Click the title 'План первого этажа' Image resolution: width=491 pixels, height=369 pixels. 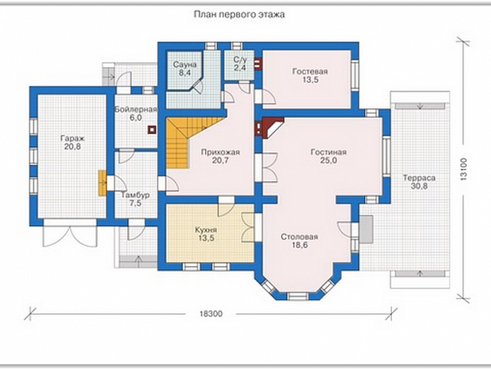(239, 15)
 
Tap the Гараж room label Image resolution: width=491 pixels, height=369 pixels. (73, 138)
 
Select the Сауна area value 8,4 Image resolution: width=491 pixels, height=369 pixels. (185, 73)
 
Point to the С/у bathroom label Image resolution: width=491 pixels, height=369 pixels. (240, 60)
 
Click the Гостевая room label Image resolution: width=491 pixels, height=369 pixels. (310, 71)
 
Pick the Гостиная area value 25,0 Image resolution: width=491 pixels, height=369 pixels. (328, 160)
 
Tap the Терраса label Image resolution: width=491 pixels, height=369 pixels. (419, 178)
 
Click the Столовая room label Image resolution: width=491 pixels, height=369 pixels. (300, 236)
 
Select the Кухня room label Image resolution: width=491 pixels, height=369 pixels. (206, 229)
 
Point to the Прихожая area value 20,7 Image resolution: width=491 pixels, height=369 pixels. (221, 160)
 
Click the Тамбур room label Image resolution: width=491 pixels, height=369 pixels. (136, 195)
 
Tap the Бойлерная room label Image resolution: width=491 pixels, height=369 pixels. (136, 110)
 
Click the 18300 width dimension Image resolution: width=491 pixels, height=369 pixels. (211, 313)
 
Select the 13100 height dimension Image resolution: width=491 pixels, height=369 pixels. (464, 169)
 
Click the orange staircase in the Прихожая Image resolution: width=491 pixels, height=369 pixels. (187, 142)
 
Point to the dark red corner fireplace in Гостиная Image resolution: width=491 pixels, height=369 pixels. (270, 128)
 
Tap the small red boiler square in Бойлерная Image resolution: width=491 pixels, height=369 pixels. (153, 129)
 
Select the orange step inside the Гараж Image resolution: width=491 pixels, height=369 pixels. (102, 183)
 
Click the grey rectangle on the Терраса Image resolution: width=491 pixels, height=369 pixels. (366, 229)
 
